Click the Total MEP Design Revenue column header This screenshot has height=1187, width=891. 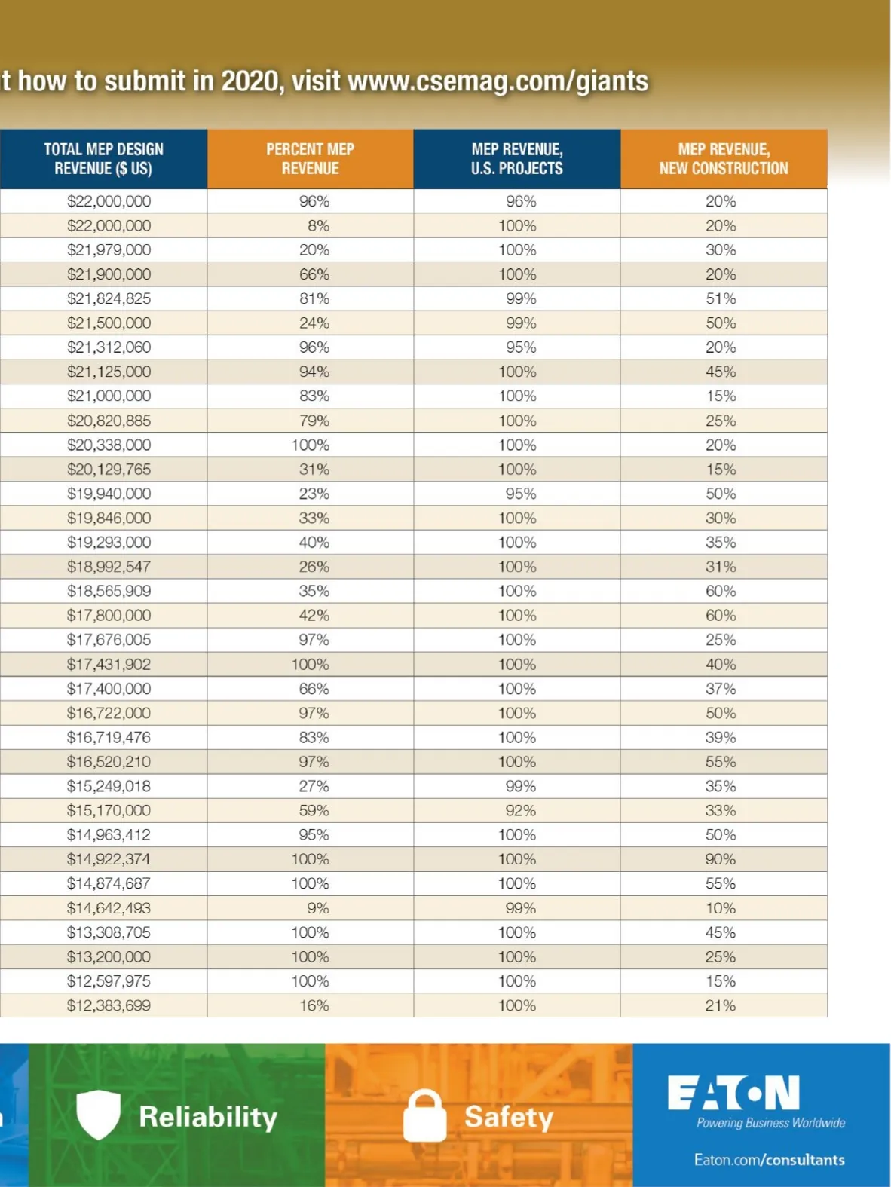pyautogui.click(x=103, y=159)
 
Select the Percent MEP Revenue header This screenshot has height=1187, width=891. pyautogui.click(x=310, y=159)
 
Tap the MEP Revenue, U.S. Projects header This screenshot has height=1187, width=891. pyautogui.click(x=517, y=159)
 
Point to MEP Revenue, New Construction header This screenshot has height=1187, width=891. pyautogui.click(x=724, y=159)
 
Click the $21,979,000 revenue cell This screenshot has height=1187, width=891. pyautogui.click(x=109, y=250)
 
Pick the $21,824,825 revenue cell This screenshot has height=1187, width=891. pyautogui.click(x=109, y=298)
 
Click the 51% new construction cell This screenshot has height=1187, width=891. pyautogui.click(x=721, y=298)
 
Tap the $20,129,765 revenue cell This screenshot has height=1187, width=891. pyautogui.click(x=109, y=470)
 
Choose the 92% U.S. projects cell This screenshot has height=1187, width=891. pyautogui.click(x=521, y=811)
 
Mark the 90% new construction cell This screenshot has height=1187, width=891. pyautogui.click(x=721, y=859)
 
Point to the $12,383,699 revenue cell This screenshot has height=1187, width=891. pyautogui.click(x=109, y=1005)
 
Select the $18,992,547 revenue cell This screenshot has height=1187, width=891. pyautogui.click(x=109, y=567)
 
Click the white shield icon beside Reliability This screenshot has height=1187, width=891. pyautogui.click(x=99, y=1115)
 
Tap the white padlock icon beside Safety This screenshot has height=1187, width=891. pyautogui.click(x=424, y=1116)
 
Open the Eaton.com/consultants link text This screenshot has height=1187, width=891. pyautogui.click(x=769, y=1160)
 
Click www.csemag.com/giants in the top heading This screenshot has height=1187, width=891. pyautogui.click(x=498, y=81)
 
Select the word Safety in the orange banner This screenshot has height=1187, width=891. pyautogui.click(x=509, y=1117)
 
